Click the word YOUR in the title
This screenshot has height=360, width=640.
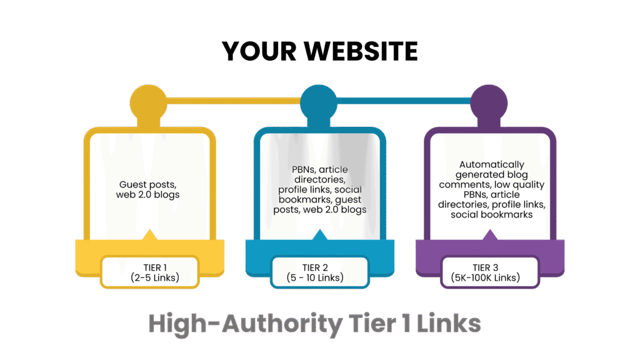click(x=252, y=51)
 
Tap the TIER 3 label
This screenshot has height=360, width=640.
click(x=489, y=267)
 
